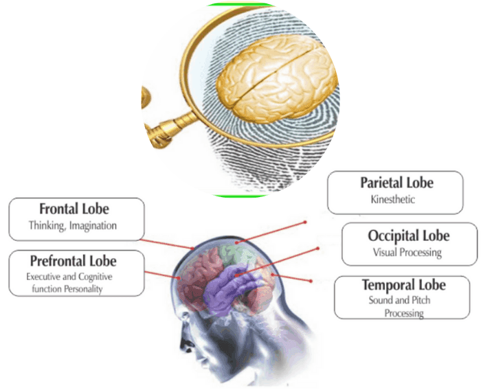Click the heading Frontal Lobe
74,209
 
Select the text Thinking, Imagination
73,225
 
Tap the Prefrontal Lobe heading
74,261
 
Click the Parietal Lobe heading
396,183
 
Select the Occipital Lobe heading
408,236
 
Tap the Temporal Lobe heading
404,284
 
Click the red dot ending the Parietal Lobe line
306,223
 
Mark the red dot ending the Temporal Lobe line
312,282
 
